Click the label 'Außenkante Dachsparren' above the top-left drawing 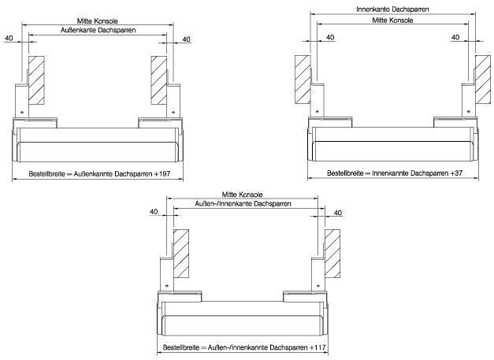(x=97, y=30)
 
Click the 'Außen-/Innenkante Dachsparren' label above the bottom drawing (x=243, y=203)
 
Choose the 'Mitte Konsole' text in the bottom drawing (x=243, y=194)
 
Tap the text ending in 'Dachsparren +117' (x=243, y=347)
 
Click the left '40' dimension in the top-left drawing (x=9, y=38)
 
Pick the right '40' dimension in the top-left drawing (x=187, y=38)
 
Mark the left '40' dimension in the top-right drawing (x=329, y=38)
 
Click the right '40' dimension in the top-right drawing (x=456, y=38)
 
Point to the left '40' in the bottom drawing (x=154, y=212)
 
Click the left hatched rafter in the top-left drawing (x=36, y=81)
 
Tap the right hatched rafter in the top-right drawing (x=481, y=81)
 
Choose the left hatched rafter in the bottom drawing (x=180, y=254)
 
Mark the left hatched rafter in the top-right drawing (x=303, y=81)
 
